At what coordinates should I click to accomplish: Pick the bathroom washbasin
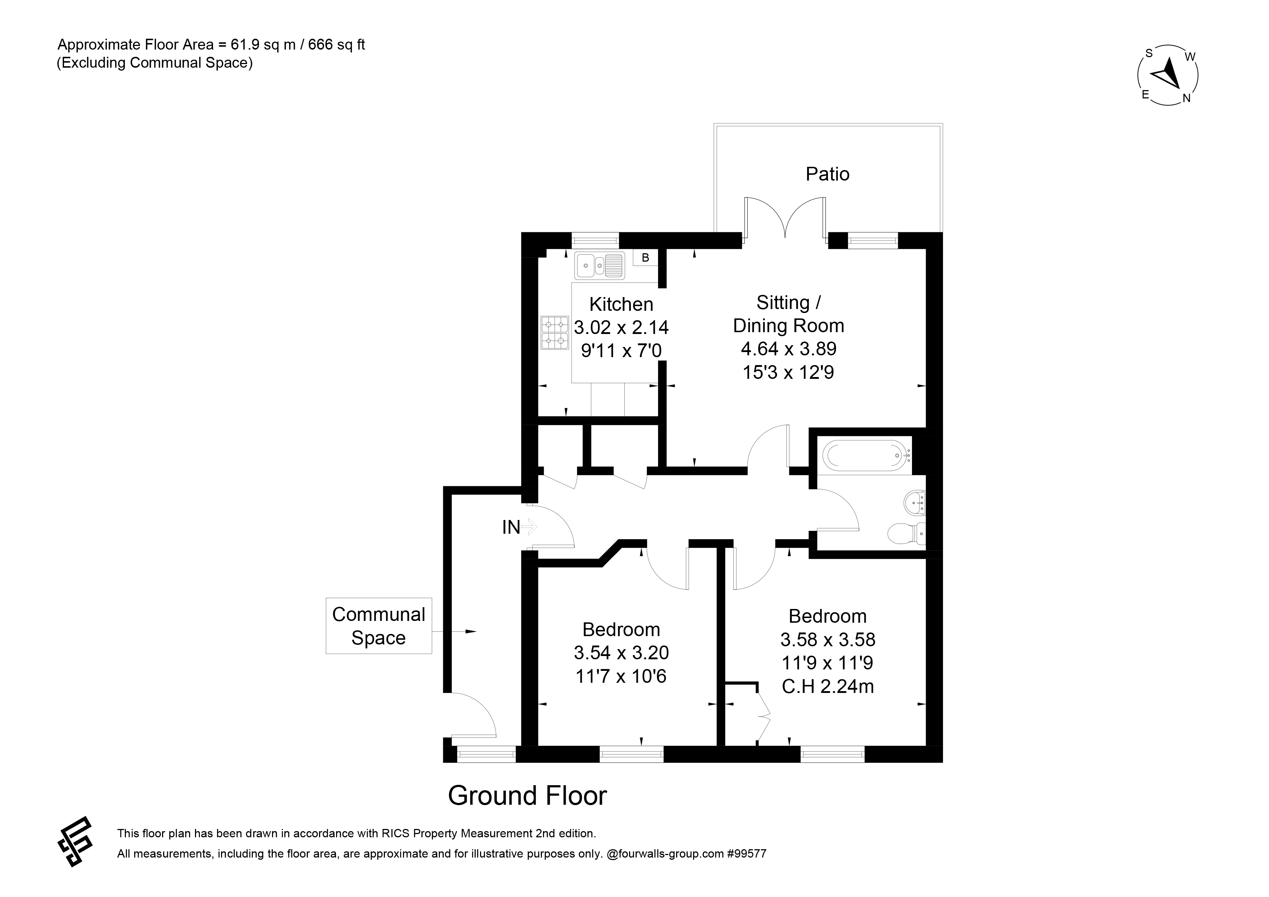(x=915, y=502)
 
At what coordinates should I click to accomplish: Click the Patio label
(x=827, y=174)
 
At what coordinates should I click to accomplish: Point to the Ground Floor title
(x=527, y=796)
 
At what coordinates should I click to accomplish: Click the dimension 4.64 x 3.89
(x=789, y=349)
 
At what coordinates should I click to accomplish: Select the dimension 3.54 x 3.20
(x=621, y=653)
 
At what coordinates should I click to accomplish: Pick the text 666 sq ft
(x=336, y=45)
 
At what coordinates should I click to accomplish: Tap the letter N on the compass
(x=1186, y=99)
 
